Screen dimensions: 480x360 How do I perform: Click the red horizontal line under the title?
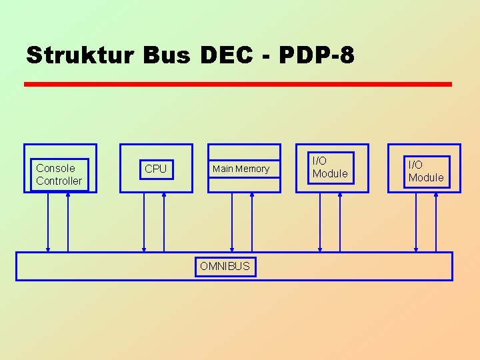point(237,85)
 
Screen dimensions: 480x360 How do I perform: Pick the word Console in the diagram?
point(55,168)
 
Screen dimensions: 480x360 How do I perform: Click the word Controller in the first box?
point(59,181)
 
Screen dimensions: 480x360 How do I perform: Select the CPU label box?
point(156,169)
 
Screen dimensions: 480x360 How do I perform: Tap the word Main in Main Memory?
point(223,169)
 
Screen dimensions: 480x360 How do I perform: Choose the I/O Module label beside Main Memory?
point(330,167)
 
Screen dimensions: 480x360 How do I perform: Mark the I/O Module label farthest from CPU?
point(426,171)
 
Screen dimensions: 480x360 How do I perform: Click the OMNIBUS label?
point(225,267)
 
